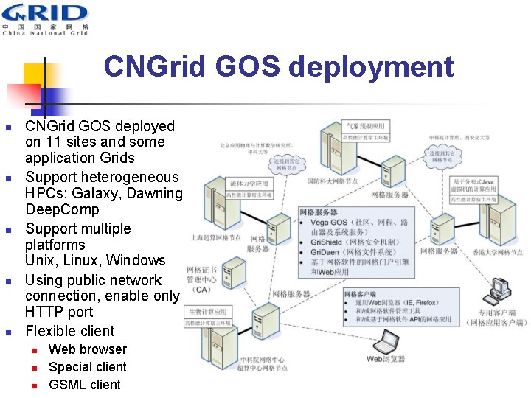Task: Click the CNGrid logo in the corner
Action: coord(45,18)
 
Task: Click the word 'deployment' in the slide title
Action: coord(370,67)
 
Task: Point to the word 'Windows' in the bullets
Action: coord(136,261)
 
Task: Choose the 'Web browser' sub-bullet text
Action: coord(87,349)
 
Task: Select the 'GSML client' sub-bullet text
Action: coord(84,384)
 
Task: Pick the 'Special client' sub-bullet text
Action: coord(87,367)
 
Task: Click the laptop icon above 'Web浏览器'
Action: coord(387,342)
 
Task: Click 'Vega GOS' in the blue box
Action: coord(328,223)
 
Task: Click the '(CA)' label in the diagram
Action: coord(202,290)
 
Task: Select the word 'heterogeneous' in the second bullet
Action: coord(126,177)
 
